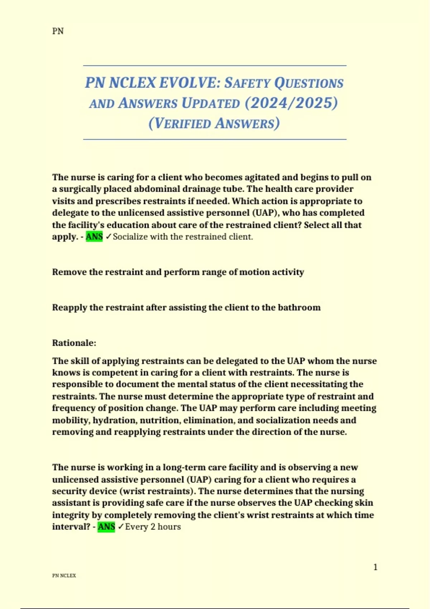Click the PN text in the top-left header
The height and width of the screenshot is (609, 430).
[x=58, y=31]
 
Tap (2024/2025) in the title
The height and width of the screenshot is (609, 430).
[x=291, y=103]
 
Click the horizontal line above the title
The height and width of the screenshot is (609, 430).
[x=215, y=66]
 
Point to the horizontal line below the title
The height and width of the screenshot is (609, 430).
[x=215, y=139]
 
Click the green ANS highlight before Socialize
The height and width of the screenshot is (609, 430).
[x=94, y=237]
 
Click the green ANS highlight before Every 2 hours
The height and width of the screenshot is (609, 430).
[x=106, y=527]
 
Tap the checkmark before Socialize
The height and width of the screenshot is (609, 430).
[x=109, y=237]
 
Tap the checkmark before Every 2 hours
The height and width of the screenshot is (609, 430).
[x=121, y=527]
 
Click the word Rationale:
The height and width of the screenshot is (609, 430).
[x=74, y=343]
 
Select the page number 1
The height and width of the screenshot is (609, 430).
[x=375, y=567]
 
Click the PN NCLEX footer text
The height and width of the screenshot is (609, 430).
[x=64, y=576]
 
